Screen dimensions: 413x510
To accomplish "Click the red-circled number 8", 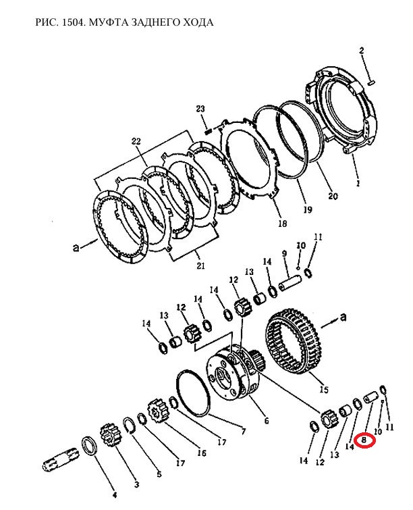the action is [364, 440].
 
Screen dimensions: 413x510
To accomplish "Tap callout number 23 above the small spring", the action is [200, 109].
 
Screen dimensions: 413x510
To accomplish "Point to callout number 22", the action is [136, 141].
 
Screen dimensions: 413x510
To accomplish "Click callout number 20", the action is [333, 196].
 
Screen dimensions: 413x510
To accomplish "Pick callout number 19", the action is [308, 209].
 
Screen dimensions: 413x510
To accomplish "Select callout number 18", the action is [282, 224].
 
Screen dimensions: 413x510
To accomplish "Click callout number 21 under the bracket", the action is [201, 265].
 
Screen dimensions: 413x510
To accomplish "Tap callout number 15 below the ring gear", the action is [324, 389].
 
